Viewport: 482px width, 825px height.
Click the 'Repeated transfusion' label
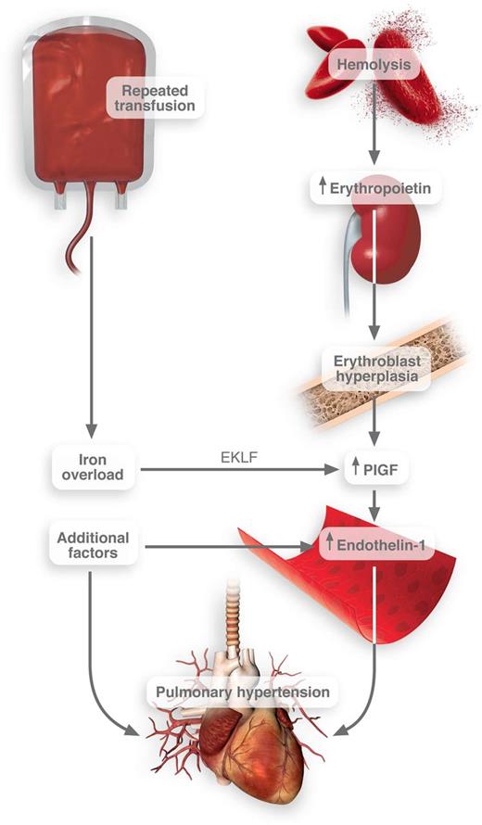(x=156, y=97)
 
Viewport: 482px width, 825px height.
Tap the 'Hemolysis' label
(x=373, y=65)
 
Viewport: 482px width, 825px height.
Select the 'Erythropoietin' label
(x=373, y=188)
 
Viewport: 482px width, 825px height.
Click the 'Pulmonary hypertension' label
(x=242, y=692)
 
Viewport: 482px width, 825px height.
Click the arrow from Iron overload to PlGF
(x=241, y=471)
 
